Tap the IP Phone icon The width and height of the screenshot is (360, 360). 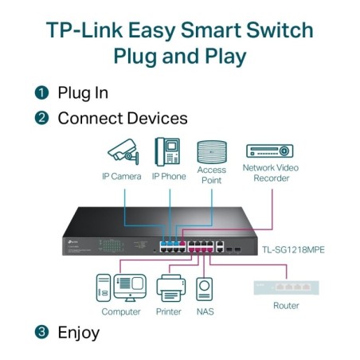(x=168, y=151)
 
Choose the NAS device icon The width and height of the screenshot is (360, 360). (x=204, y=288)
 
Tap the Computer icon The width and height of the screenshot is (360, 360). (x=121, y=288)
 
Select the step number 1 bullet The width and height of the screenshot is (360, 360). (x=41, y=92)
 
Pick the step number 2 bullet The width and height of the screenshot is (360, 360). (x=41, y=119)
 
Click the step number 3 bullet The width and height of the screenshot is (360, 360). (x=41, y=332)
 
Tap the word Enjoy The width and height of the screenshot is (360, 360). (x=79, y=332)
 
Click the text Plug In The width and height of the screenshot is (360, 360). (x=83, y=92)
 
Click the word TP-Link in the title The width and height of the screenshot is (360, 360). (x=82, y=31)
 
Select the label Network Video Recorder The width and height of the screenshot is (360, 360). (x=270, y=173)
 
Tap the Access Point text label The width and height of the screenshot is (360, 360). (x=212, y=174)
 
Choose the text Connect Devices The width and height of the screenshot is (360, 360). (x=123, y=119)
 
